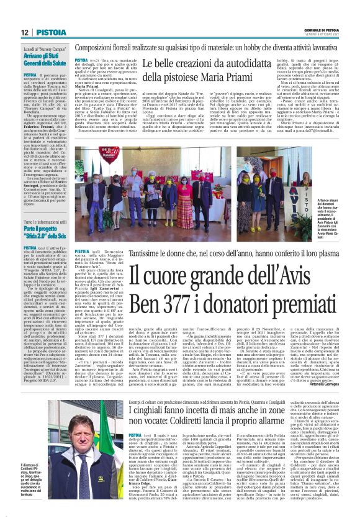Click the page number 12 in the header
point(24,32)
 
